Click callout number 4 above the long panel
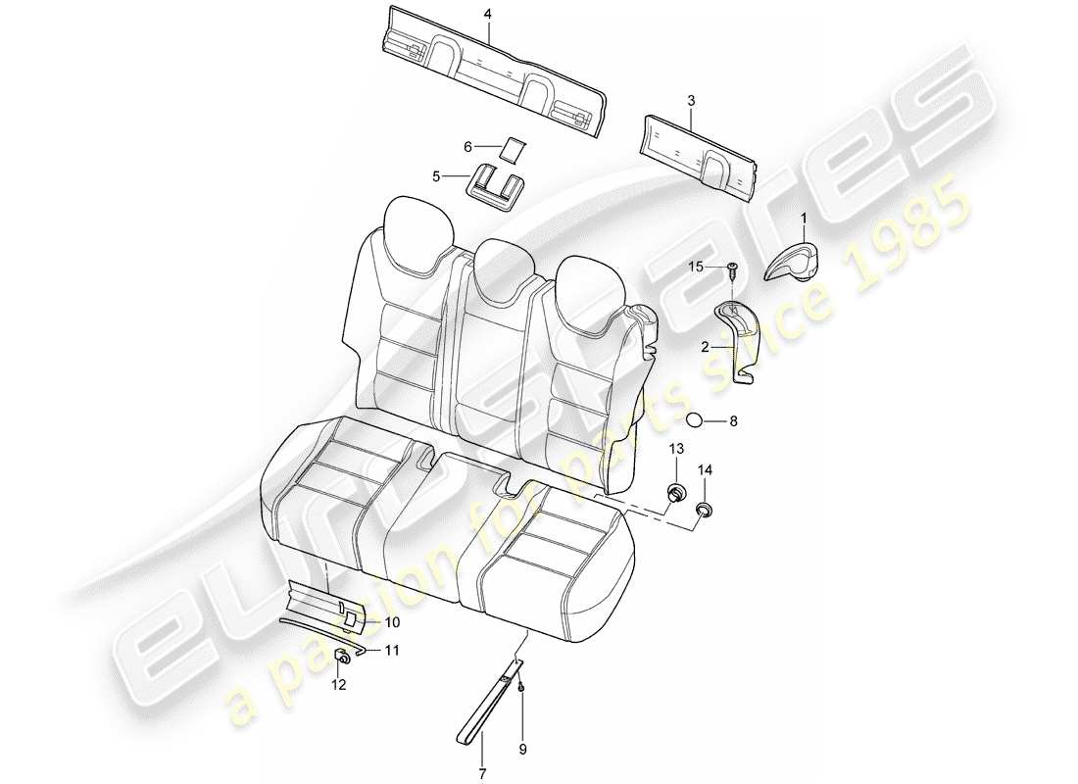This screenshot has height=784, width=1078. [487, 14]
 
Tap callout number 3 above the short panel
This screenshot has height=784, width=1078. [691, 100]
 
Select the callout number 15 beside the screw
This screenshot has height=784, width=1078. [695, 267]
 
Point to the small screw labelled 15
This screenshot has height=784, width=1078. [732, 269]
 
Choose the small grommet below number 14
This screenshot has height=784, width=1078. [704, 510]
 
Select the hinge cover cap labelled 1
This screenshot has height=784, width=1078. [792, 260]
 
